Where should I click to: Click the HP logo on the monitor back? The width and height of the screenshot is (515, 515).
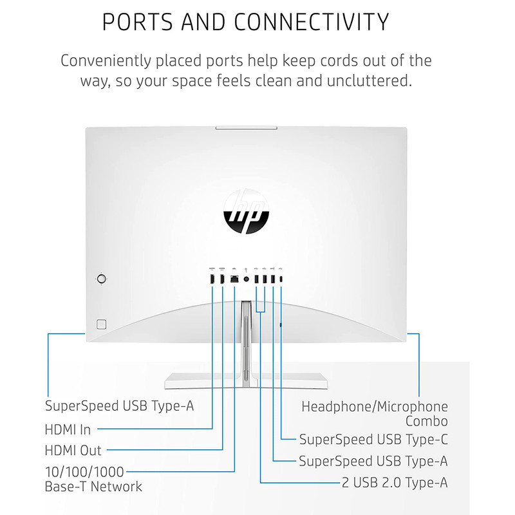(x=246, y=214)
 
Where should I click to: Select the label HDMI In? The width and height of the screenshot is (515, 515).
(x=68, y=429)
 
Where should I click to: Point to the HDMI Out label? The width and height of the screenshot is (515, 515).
(x=73, y=450)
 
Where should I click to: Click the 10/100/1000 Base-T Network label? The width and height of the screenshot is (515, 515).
(x=93, y=479)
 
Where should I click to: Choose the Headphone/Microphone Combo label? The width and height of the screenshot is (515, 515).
(x=375, y=414)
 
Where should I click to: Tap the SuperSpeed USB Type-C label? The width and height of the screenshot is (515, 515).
(x=373, y=440)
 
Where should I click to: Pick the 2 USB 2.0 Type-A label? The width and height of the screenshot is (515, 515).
(x=395, y=482)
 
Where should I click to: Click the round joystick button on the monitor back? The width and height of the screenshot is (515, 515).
(x=101, y=279)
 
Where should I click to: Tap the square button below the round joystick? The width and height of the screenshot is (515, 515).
(x=100, y=323)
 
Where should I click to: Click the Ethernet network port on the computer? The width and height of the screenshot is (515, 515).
(x=235, y=279)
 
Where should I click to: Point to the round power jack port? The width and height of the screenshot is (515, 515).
(x=247, y=279)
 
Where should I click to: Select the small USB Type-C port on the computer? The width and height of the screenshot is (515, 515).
(x=281, y=279)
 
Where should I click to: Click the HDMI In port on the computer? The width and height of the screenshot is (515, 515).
(x=212, y=279)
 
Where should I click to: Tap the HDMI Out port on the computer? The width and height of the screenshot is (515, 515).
(x=223, y=279)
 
